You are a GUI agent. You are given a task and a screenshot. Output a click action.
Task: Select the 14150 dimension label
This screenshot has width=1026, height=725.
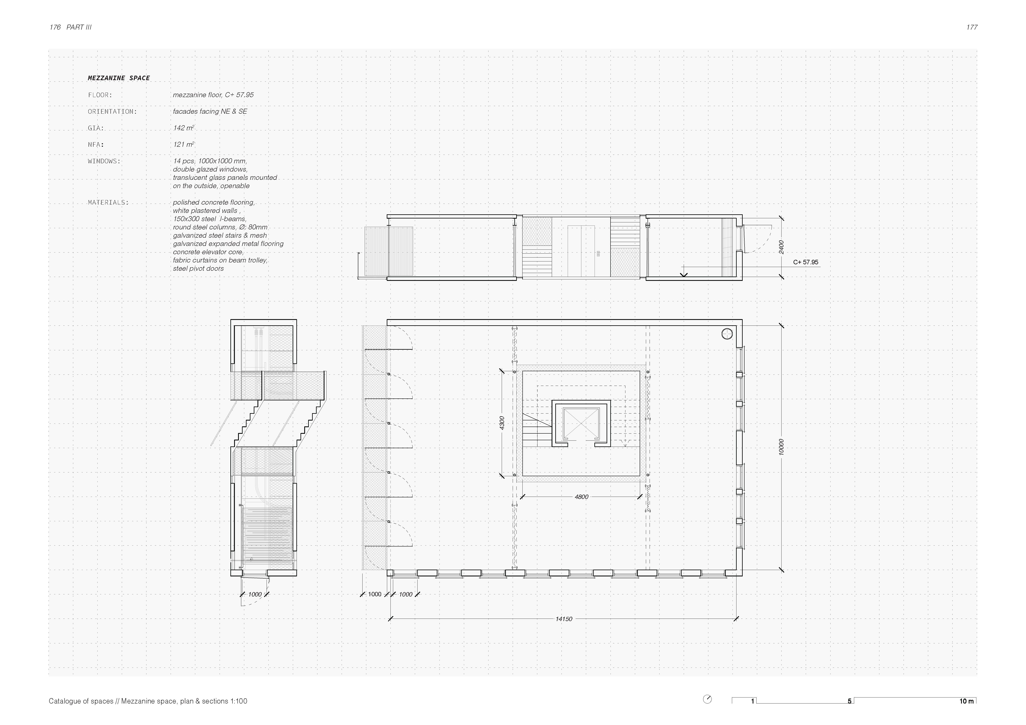(x=564, y=619)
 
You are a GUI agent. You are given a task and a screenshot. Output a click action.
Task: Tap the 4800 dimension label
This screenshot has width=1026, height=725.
(x=581, y=497)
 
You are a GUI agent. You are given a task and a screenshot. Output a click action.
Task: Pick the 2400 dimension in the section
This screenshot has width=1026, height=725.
(x=781, y=247)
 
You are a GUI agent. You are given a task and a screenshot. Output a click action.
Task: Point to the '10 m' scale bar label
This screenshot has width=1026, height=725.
(x=967, y=701)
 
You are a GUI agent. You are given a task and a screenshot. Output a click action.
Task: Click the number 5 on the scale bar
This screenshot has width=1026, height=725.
(x=850, y=701)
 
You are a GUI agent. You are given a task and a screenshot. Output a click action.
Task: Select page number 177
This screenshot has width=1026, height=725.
(x=972, y=27)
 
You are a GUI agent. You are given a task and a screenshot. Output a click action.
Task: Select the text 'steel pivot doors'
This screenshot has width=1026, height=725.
(x=198, y=269)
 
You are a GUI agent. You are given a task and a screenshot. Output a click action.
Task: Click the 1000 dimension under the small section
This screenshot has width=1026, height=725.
(x=255, y=595)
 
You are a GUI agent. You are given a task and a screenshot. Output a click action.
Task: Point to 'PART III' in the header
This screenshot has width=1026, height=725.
(x=79, y=27)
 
